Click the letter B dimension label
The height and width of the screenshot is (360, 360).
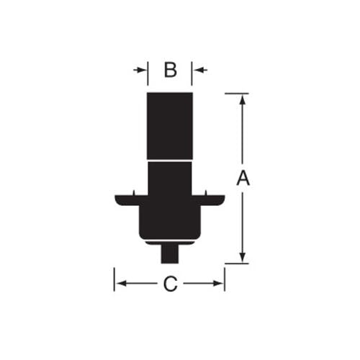coord(170,70)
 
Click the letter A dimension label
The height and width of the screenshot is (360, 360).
coord(243,178)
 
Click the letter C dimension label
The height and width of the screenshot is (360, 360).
coord(170,284)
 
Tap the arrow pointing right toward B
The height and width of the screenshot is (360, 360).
coord(140,70)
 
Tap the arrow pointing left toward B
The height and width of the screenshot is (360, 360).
coord(201,70)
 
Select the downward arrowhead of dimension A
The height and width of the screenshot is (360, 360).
coord(243,257)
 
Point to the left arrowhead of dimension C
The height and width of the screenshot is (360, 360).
coord(121,284)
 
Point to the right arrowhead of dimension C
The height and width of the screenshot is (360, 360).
coord(218,284)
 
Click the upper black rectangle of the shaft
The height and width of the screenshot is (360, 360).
coord(170,126)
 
